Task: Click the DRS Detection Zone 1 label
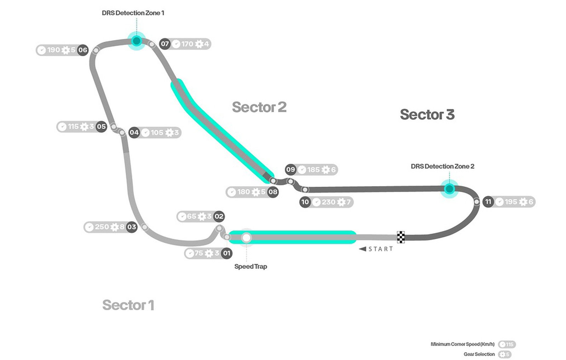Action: click(133, 13)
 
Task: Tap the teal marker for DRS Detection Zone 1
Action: click(137, 41)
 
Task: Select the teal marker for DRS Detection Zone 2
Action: click(450, 189)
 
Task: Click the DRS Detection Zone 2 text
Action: click(443, 166)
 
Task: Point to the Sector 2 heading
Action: click(259, 107)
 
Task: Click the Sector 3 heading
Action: click(427, 115)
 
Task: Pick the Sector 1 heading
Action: click(128, 305)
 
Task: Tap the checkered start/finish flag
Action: click(401, 237)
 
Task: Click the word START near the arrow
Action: click(381, 249)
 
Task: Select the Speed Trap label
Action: click(251, 267)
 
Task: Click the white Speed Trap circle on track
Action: click(246, 238)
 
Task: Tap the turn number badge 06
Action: click(83, 50)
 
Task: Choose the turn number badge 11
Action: click(488, 202)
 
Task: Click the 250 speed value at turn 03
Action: click(102, 227)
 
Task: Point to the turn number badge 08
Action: click(273, 192)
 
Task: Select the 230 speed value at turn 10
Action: click(329, 202)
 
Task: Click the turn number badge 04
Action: click(134, 132)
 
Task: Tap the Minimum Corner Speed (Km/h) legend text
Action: click(463, 344)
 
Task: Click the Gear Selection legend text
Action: click(479, 354)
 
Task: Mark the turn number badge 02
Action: click(219, 216)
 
